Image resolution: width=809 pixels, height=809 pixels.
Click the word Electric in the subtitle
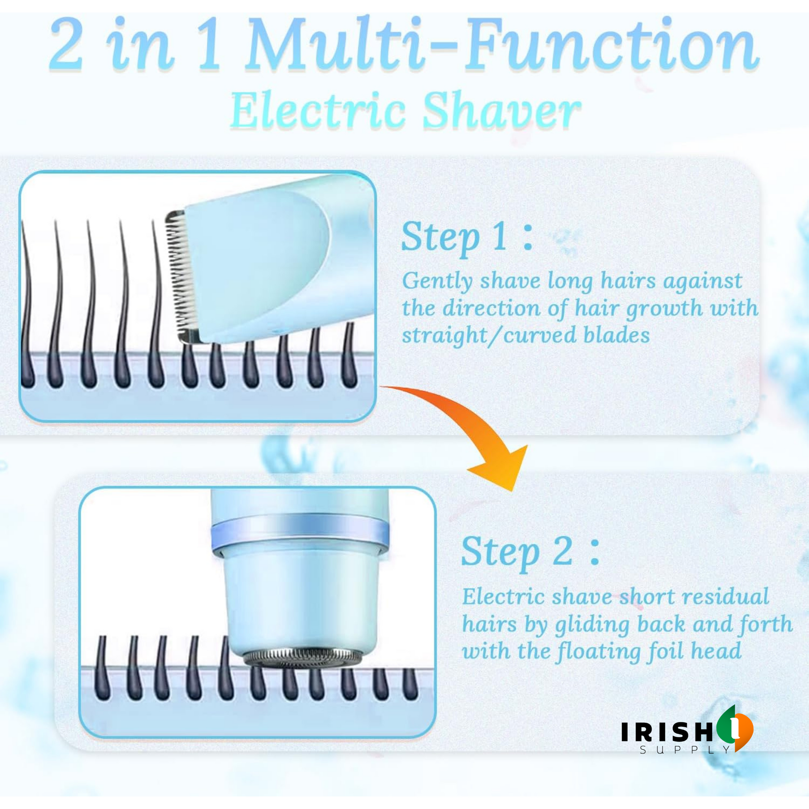[x=318, y=110]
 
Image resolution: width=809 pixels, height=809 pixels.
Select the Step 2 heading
[x=530, y=552]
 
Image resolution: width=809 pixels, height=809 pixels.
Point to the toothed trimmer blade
[x=180, y=276]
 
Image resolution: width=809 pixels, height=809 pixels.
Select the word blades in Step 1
[x=617, y=335]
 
